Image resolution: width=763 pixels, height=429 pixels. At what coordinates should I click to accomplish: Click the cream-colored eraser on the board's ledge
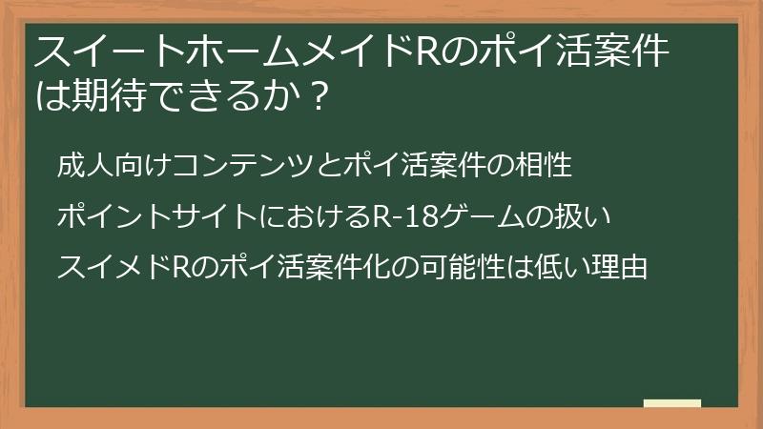671,404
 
